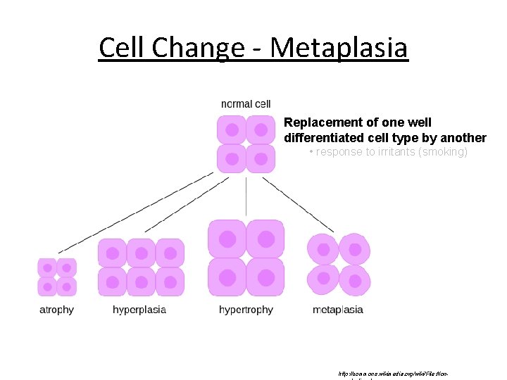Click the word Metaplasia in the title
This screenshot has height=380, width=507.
click(339, 48)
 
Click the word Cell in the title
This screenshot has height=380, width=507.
click(124, 48)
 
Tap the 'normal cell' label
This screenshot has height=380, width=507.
click(246, 104)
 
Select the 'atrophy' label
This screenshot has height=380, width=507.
click(56, 310)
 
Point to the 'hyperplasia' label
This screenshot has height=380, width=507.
click(139, 310)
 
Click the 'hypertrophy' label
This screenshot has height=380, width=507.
click(246, 310)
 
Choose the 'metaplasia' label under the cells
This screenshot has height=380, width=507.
click(338, 310)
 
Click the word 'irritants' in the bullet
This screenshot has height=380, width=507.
click(394, 152)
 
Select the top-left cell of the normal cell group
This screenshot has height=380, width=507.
click(231, 130)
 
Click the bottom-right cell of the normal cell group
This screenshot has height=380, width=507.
click(260, 158)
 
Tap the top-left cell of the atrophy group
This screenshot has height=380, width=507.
click(48, 268)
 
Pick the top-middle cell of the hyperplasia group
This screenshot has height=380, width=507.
click(142, 253)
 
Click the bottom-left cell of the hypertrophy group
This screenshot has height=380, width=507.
click(227, 277)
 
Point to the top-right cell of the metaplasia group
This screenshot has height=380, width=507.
click(354, 249)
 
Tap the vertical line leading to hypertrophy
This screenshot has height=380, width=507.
click(246, 197)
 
